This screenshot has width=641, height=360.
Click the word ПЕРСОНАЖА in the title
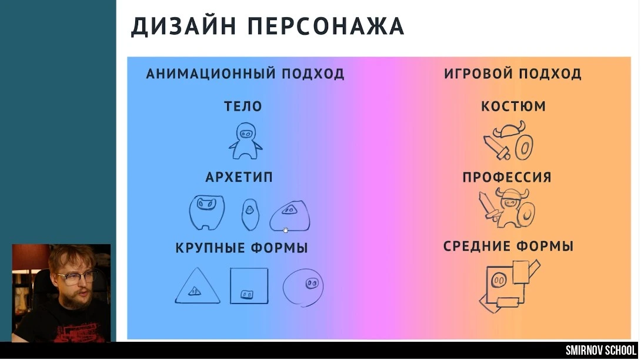click(326, 27)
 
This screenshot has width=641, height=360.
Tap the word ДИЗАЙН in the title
click(183, 26)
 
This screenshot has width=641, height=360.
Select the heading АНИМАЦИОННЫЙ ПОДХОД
click(245, 74)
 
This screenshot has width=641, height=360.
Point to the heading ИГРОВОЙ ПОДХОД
click(513, 74)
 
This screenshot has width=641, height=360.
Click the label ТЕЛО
click(243, 106)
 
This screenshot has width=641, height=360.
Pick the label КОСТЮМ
click(513, 106)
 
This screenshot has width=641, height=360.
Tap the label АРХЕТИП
click(239, 177)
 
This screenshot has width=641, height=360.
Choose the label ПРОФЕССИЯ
click(507, 177)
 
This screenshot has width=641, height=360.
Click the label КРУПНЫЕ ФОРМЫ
click(242, 248)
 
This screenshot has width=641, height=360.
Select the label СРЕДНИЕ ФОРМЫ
click(508, 246)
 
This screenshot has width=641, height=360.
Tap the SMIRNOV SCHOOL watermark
click(601, 351)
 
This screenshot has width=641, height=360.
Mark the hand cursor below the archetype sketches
click(285, 230)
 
